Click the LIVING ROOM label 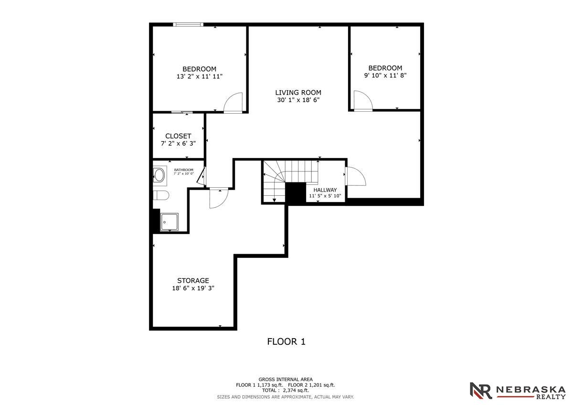[x=298, y=92]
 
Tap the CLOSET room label [x=178, y=136]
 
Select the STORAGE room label [x=193, y=280]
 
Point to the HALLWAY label [x=325, y=190]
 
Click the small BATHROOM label [x=184, y=170]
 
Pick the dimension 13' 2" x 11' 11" [x=200, y=76]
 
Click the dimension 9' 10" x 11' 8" [x=385, y=75]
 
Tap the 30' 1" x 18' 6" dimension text [x=298, y=100]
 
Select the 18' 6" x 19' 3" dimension [x=193, y=288]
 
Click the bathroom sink [x=159, y=175]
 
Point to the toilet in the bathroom [x=161, y=195]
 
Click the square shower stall [x=170, y=222]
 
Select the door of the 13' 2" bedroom [x=233, y=103]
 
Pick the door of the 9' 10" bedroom [x=363, y=101]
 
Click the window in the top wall [x=188, y=24]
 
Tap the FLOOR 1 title [x=286, y=341]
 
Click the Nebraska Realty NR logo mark [x=481, y=391]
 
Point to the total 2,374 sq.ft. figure [x=296, y=390]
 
